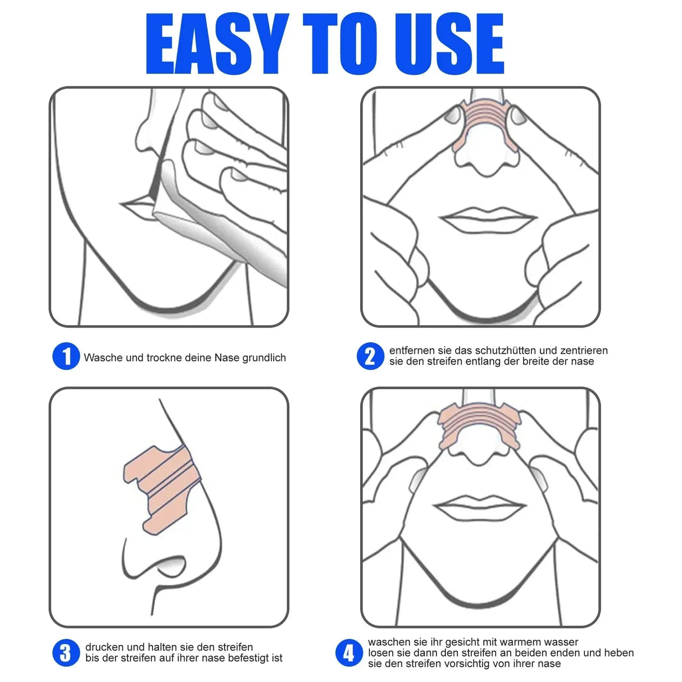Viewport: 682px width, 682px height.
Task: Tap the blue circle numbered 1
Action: (66, 357)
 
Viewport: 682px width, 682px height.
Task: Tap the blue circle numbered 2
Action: (370, 356)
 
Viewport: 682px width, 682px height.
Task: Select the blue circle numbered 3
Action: (66, 653)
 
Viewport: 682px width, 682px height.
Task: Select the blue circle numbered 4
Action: (349, 653)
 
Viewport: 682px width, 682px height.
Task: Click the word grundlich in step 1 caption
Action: (264, 358)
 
